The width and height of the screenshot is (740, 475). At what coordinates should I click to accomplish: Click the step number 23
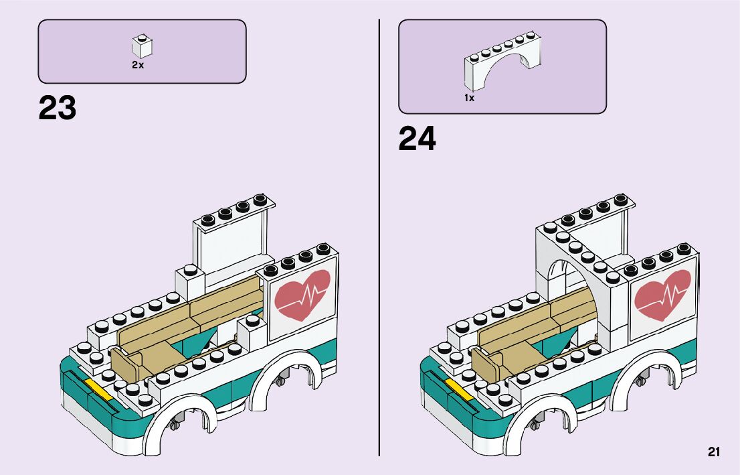pos(58,108)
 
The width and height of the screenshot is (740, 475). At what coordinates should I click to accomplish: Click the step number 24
pos(417,139)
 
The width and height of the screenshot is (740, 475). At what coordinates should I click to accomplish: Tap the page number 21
pos(714,452)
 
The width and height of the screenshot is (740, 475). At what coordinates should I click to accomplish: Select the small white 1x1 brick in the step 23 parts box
pos(142,46)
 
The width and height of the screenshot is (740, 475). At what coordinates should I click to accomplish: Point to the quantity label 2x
pos(138,66)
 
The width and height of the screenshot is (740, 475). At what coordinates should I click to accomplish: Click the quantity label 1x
pos(470,98)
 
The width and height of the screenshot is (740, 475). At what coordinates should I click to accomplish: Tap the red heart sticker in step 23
pos(302,293)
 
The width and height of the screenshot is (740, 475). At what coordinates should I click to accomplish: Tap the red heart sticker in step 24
pos(662,293)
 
